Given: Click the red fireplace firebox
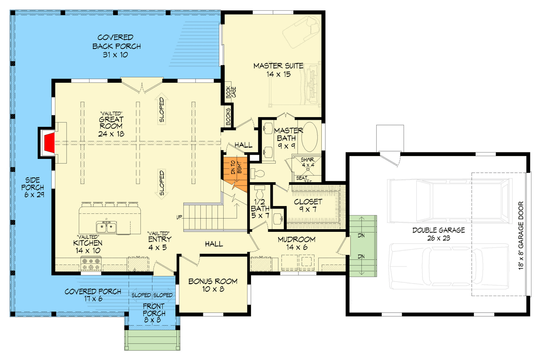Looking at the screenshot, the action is tap(49, 143).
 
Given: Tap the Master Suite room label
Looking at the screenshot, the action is tap(279, 70).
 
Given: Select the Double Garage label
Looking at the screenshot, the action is tap(438, 234).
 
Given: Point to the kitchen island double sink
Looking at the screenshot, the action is tap(106, 227).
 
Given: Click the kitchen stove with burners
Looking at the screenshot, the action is tap(91, 264).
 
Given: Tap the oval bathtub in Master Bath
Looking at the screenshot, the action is tap(310, 137).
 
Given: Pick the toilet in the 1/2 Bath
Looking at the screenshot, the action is tap(260, 192).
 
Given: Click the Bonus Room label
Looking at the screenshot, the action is tap(213, 285).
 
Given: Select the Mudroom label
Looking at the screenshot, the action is tap(297, 243).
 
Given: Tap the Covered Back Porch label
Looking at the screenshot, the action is tap(116, 46).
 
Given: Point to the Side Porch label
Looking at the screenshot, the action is tap(33, 187).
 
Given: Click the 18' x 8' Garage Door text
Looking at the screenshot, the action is tap(521, 236).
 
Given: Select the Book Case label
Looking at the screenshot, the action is tap(231, 92).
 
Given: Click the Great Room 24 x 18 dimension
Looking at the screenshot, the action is tap(111, 134).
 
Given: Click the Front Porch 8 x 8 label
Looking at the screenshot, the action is tap(153, 313).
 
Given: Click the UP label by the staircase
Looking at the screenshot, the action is tap(179, 217).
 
